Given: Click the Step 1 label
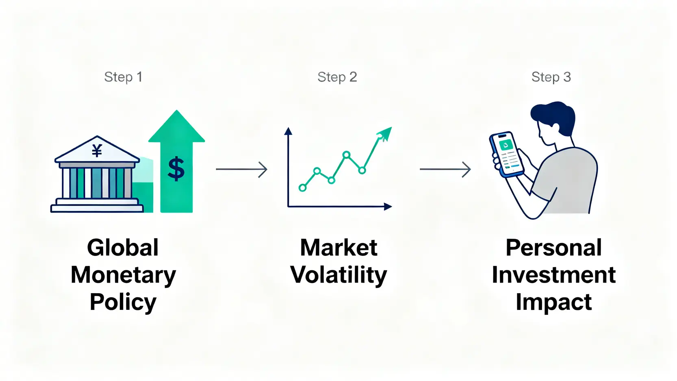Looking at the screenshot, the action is coord(123,77).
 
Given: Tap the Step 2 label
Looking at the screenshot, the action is coord(337,77).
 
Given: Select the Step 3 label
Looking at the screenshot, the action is coord(551,77).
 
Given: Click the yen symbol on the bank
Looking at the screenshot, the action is coord(97,150).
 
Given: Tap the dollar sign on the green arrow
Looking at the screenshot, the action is coord(176,169).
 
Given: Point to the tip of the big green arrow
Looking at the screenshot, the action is coord(176,110).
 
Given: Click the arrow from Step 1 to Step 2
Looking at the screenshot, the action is coord(241,169).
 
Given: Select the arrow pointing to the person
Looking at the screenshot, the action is coord(445,169).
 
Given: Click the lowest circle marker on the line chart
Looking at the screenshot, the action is coord(302,188).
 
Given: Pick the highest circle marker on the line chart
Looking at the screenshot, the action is coord(346,155).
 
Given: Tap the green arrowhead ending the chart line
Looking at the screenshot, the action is coord(384,134).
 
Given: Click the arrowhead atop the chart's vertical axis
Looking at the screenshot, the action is coord(288,131).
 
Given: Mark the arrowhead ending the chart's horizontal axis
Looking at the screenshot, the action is coord(388,207).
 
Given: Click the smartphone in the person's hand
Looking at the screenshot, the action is coord(507,155).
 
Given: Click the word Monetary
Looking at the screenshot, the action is coord(123,275).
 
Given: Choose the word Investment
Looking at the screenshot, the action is coord(554,275).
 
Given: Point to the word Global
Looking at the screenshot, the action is coord(123,248).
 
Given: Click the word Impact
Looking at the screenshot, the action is coord(554,303).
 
